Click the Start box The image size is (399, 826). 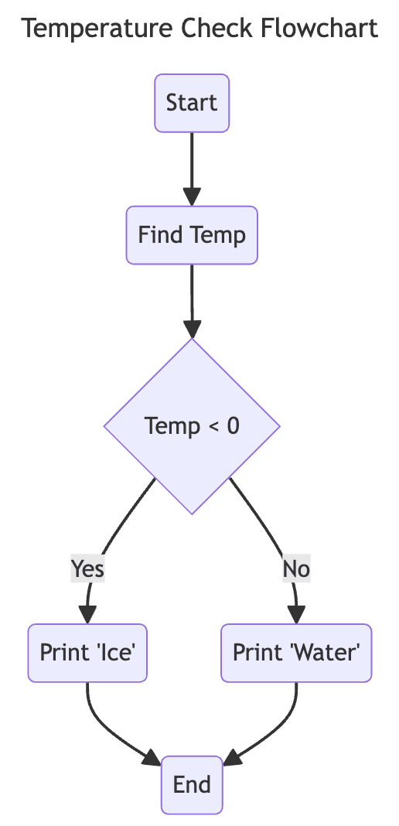coord(192,103)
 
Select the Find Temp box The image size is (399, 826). coord(192,235)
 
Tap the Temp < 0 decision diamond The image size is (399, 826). coord(192,426)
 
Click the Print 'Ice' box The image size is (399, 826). coord(87,653)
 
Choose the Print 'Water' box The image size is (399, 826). coord(296,653)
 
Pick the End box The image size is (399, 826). coord(192,785)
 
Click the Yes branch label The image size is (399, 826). coord(87,569)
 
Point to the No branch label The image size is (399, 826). coord(296,569)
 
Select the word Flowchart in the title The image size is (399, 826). coord(319,29)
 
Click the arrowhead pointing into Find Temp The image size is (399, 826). coord(192,196)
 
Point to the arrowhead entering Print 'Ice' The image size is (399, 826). coord(87,614)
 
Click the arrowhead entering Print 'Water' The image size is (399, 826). coord(296,614)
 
